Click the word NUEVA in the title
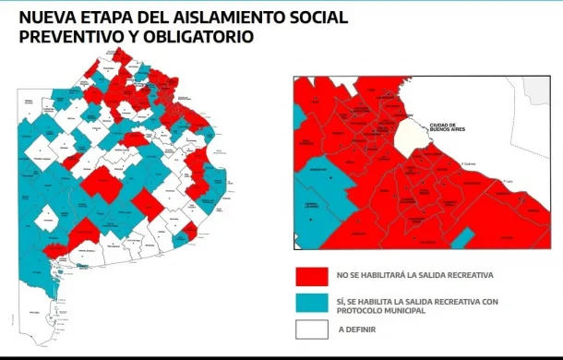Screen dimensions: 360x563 [x=47, y=18]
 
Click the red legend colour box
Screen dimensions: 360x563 [x=312, y=276]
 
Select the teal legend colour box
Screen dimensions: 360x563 [x=312, y=304]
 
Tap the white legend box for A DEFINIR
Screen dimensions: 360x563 [x=312, y=330]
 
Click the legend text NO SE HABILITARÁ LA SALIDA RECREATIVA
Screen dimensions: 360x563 [x=415, y=276]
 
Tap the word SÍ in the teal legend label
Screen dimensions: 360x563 [x=342, y=300]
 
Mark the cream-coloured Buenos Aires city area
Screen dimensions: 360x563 [x=412, y=138]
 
